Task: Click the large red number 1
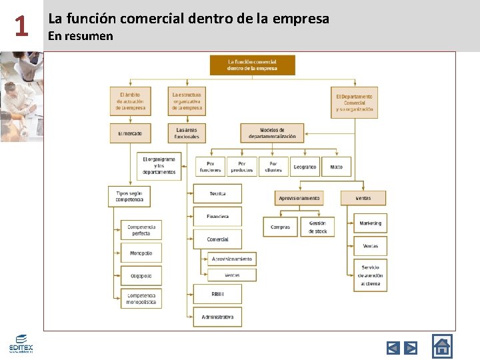coord(21,26)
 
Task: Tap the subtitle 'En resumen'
coord(81,36)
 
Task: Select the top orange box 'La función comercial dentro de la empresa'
coord(252,65)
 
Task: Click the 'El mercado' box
coord(130,133)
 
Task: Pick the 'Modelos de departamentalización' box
coord(272,133)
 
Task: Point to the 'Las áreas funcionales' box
coord(187,133)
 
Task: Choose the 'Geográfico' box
coord(305,167)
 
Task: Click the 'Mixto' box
coord(336,167)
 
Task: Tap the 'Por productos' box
coord(241,167)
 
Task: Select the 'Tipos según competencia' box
coord(129,196)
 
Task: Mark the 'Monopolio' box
coord(141,253)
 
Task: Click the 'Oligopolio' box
coord(141,275)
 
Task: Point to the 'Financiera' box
coord(217,216)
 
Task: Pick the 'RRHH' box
coord(217,293)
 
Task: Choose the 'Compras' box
coord(280,227)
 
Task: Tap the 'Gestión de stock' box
coord(317,227)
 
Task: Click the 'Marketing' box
coord(370,223)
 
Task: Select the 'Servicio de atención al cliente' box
coord(370,275)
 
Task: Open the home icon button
coord(442,346)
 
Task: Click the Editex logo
coord(21,344)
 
